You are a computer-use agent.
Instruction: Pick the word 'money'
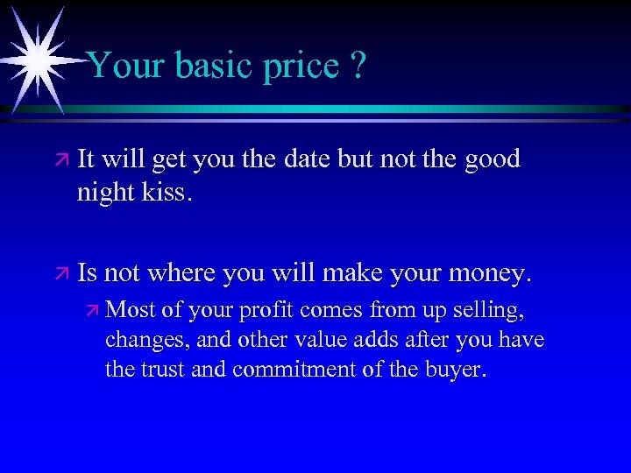tap(490, 274)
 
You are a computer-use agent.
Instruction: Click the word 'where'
tap(183, 273)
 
